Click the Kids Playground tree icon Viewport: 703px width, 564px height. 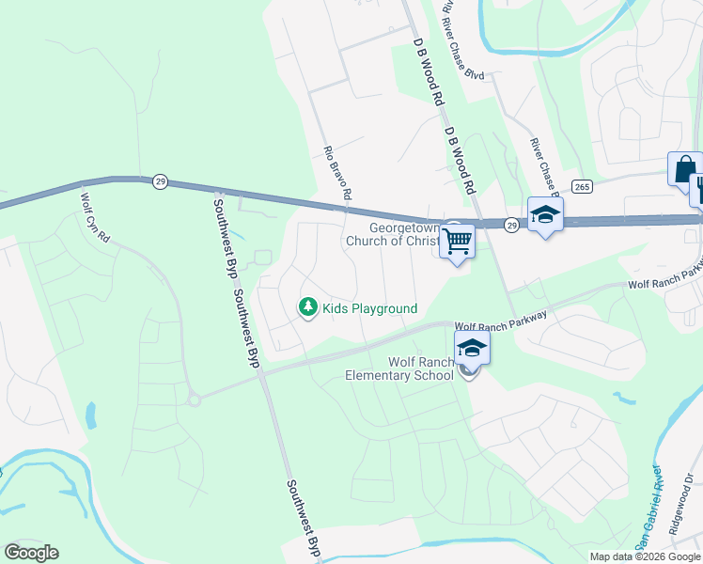306,307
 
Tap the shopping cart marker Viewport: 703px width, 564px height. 457,241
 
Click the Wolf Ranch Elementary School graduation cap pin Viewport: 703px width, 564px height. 472,349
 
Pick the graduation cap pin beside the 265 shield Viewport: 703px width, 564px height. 544,215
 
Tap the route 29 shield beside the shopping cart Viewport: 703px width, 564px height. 510,225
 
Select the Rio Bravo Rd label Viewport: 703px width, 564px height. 336,173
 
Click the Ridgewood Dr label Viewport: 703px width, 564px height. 685,509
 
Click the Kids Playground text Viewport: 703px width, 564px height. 369,308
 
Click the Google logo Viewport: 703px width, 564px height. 32,553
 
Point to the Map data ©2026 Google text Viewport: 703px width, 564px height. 644,556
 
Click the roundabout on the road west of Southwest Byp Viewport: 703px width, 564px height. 194,399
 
